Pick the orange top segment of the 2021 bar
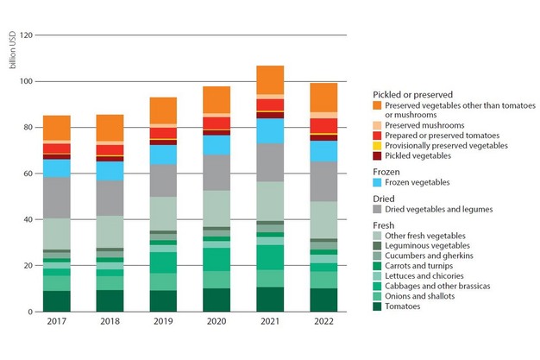(x=270, y=79)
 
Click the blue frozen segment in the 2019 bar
(x=163, y=155)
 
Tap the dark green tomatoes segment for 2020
(x=217, y=300)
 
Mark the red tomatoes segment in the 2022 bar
(x=323, y=126)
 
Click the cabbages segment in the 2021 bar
(x=270, y=257)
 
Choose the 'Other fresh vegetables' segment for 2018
(x=110, y=232)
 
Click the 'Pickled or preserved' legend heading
(x=413, y=94)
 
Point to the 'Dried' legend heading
(x=386, y=198)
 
